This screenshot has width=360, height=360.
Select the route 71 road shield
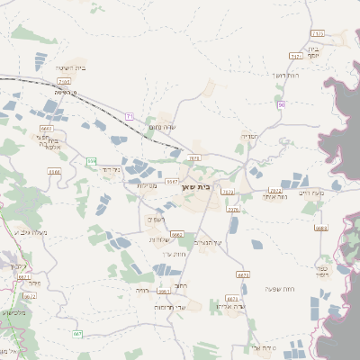[130, 116]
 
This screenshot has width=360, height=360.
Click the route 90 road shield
[282, 105]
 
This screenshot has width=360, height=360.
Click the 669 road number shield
[91, 161]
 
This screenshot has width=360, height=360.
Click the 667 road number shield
[77, 334]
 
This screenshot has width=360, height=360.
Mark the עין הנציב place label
[208, 243]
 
